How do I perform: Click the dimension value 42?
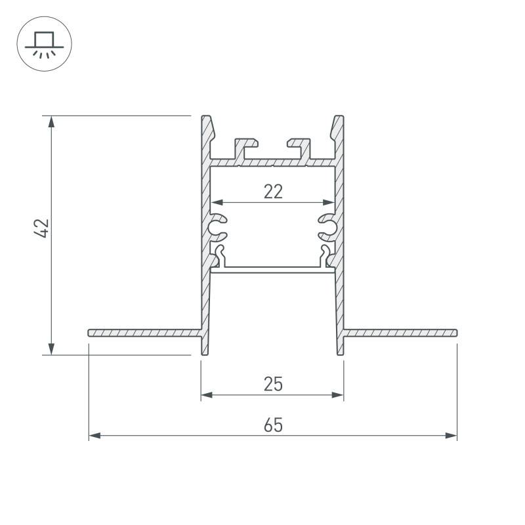[42, 228]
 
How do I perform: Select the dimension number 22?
[273, 192]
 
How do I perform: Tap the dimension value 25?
[273, 384]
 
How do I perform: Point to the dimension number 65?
[273, 425]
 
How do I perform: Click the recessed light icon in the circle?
[44, 44]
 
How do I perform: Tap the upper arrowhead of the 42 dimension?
[51, 121]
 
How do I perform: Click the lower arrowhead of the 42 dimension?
[51, 349]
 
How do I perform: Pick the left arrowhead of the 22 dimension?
[217, 202]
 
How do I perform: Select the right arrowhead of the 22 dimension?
[329, 202]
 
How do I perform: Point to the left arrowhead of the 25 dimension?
[207, 395]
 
